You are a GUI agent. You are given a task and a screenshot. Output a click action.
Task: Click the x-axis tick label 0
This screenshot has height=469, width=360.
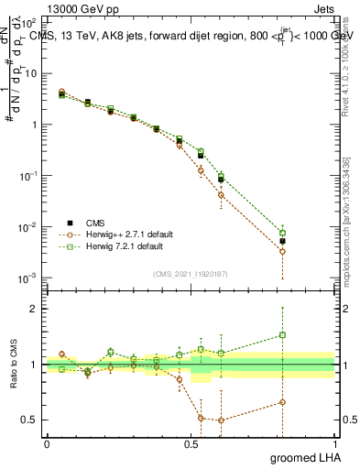(x=47, y=443)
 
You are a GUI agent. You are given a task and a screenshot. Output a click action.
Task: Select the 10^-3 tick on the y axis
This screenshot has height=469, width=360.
(x=28, y=278)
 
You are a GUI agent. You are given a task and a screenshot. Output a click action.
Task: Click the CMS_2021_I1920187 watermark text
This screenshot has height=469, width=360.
(x=191, y=273)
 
